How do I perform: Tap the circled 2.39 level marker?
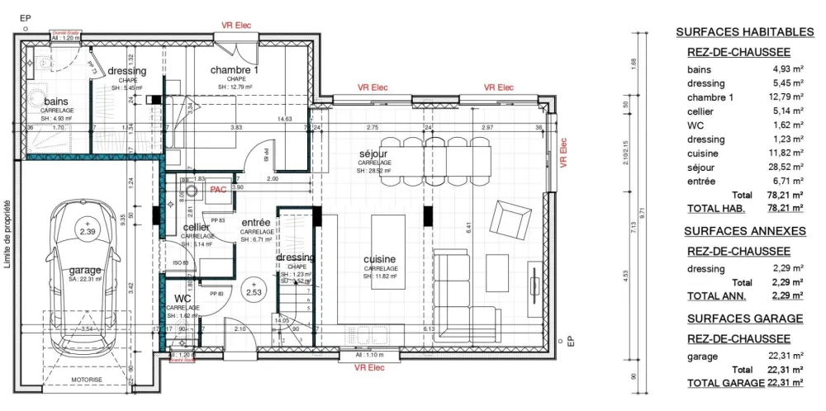click(x=87, y=229)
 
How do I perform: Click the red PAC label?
click(x=218, y=189)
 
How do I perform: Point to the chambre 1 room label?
click(x=234, y=70)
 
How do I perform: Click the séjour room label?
click(x=373, y=154)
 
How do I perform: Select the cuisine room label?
click(x=380, y=259)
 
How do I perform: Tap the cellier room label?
click(x=196, y=228)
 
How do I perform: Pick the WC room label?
click(x=183, y=299)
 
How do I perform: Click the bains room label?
click(x=57, y=102)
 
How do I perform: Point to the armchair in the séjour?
click(x=509, y=220)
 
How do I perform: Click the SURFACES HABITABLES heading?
click(x=745, y=32)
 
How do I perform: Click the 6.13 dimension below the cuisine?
click(x=428, y=328)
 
